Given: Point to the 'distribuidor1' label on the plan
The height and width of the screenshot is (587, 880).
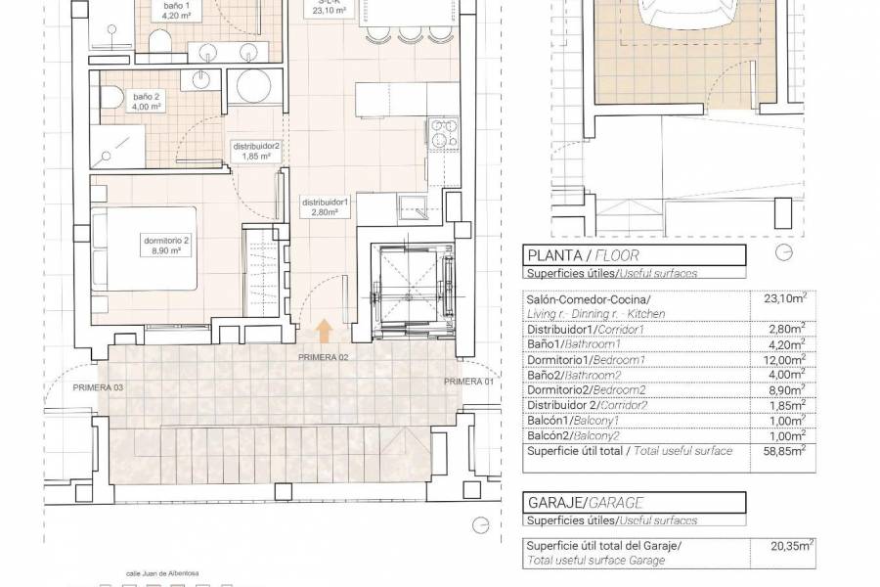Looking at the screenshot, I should point(326,205).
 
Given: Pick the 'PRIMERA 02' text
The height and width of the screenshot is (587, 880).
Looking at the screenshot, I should point(324,358).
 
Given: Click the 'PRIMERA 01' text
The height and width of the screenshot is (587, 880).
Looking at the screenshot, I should point(469,381).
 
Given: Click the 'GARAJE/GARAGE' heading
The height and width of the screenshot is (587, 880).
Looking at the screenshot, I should point(585,502).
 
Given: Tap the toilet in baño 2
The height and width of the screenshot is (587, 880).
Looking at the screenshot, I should point(114,97).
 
